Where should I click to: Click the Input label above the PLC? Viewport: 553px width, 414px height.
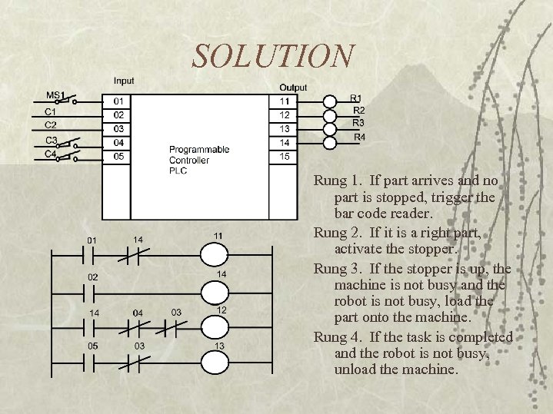[123, 81]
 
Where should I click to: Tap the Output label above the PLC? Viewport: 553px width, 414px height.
[293, 87]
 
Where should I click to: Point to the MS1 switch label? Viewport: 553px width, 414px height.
[56, 94]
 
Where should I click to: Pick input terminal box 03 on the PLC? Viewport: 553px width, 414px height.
[118, 128]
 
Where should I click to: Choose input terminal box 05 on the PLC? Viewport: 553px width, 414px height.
[118, 156]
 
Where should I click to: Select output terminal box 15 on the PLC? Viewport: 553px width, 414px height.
[285, 156]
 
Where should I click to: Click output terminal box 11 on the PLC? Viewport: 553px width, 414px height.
[285, 101]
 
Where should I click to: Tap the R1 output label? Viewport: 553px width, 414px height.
[355, 98]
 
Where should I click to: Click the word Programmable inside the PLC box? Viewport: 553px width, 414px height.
[199, 150]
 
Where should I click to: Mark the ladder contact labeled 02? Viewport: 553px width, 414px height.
[93, 292]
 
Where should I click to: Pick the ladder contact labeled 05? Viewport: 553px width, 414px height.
[92, 363]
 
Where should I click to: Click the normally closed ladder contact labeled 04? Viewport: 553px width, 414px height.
[138, 328]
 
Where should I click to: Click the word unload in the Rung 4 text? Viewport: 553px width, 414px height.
[356, 369]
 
